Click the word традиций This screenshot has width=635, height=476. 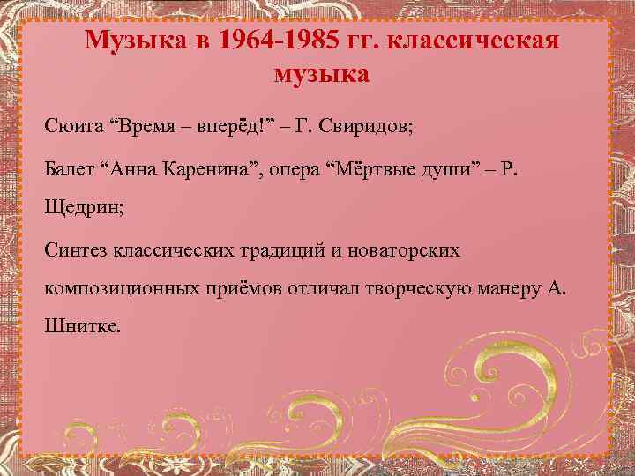[282, 251]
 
